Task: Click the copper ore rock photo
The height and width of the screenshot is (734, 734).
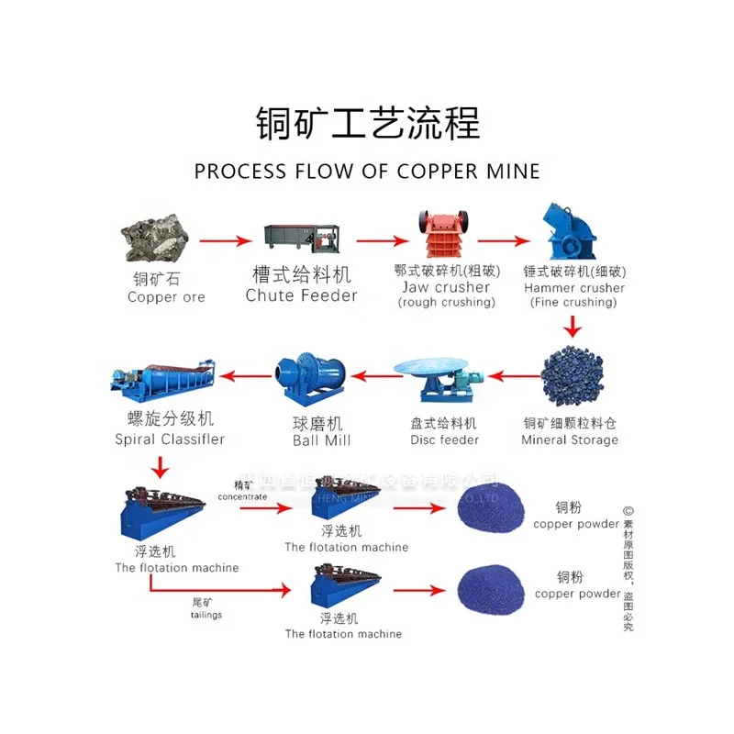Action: (156, 238)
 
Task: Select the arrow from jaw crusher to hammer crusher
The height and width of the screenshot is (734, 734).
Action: (506, 241)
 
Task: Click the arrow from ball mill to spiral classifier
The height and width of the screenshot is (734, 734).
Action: (243, 374)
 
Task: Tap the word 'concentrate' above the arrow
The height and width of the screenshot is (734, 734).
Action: (242, 496)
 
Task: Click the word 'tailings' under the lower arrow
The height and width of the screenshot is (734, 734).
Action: (206, 616)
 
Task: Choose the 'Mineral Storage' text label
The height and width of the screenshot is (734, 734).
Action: (569, 439)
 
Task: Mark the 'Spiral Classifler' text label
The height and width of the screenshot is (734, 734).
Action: (170, 439)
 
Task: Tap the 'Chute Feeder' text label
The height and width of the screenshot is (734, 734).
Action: (301, 295)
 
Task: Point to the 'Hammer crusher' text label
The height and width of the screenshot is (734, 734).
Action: (574, 287)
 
